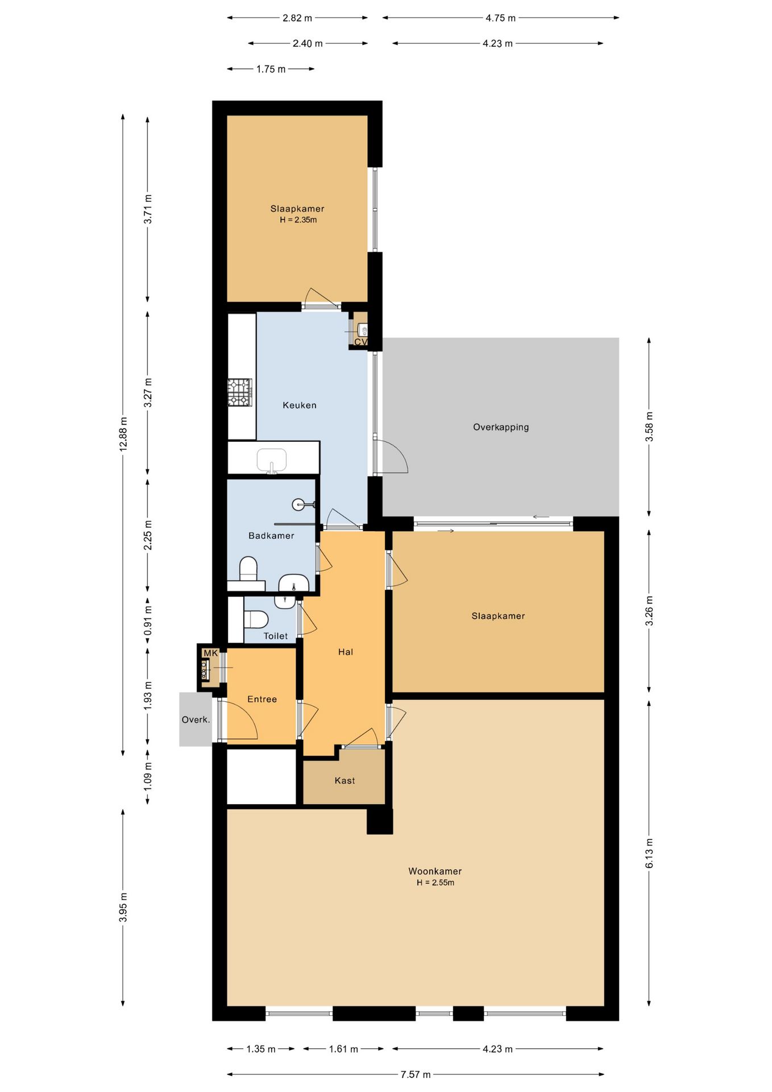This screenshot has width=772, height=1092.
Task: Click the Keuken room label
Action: (x=300, y=405)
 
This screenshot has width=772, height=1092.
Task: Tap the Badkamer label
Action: (x=271, y=535)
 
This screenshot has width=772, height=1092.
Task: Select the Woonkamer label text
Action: (x=435, y=871)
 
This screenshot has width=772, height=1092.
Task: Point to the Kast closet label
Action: (x=345, y=780)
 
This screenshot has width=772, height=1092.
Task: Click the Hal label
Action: (x=346, y=652)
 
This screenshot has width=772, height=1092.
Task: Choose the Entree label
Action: (x=262, y=699)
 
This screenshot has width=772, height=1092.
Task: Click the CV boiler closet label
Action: (x=361, y=342)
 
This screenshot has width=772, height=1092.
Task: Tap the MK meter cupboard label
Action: (x=210, y=653)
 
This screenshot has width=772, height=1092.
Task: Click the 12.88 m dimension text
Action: (x=123, y=434)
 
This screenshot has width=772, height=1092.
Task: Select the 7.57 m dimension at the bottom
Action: (x=416, y=1074)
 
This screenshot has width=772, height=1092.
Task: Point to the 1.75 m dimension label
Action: (x=271, y=69)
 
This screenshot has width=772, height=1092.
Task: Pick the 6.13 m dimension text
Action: (x=649, y=853)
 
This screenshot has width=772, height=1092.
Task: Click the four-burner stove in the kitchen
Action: (x=240, y=392)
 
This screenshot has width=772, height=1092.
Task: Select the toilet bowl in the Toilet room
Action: (x=256, y=619)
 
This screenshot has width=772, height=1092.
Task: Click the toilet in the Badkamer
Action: (x=248, y=569)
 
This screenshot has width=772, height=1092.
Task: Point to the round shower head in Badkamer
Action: (x=298, y=504)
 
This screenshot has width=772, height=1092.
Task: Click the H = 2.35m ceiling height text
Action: (x=298, y=220)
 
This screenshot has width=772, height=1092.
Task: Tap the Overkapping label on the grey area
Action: (x=501, y=427)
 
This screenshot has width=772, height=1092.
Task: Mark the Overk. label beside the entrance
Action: (x=196, y=719)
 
